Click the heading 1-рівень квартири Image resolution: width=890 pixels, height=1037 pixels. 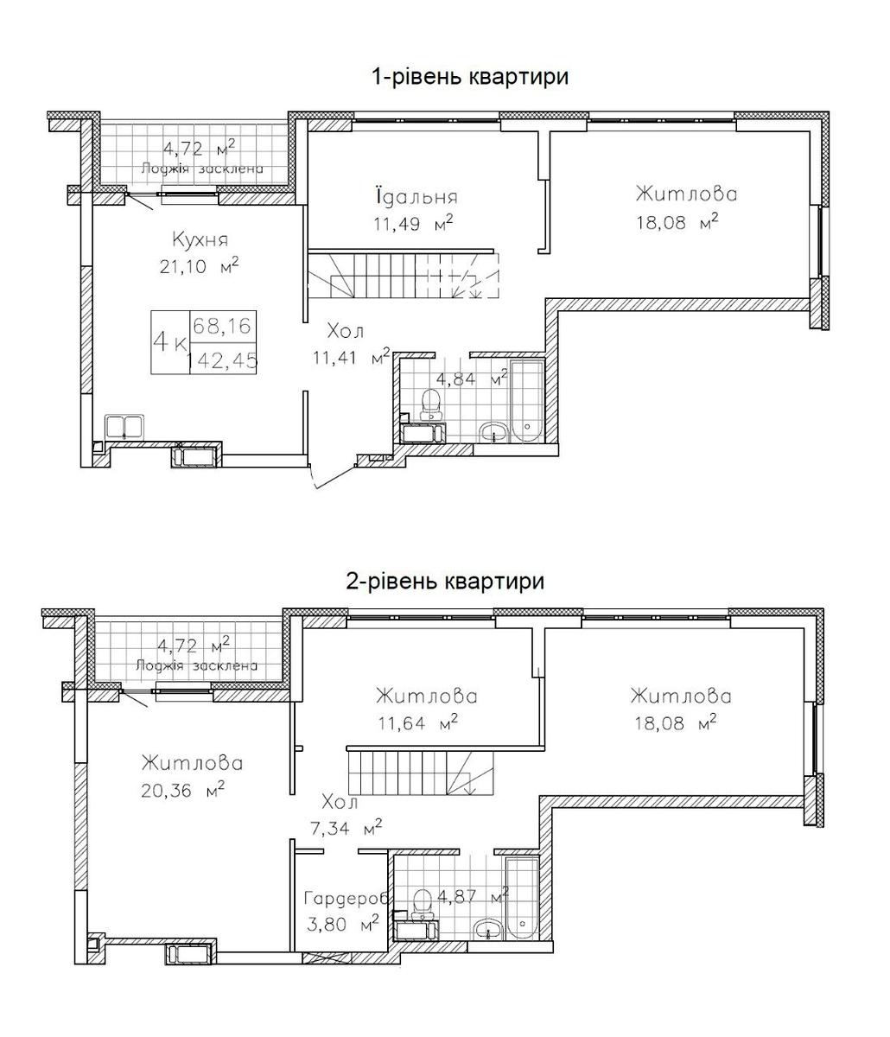[x=470, y=78]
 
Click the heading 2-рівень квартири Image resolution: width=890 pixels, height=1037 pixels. [x=446, y=582]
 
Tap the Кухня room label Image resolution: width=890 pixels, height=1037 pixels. [x=200, y=240]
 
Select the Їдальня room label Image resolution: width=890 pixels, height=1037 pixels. [x=416, y=195]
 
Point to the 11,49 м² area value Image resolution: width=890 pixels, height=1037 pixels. [x=413, y=222]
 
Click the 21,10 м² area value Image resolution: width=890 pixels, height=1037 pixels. [x=199, y=266]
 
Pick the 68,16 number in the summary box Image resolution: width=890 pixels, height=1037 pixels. [x=222, y=327]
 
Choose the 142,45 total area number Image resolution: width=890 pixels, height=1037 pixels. [x=222, y=360]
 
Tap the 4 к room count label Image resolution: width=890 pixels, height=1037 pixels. [x=169, y=343]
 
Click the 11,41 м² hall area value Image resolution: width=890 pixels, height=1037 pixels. [x=351, y=357]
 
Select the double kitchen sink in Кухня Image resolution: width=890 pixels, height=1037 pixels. [x=124, y=427]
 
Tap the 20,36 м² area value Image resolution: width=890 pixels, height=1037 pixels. [x=182, y=792]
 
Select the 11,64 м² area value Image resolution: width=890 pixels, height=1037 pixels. [x=417, y=723]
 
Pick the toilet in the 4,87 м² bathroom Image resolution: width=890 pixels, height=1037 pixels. [x=423, y=905]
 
